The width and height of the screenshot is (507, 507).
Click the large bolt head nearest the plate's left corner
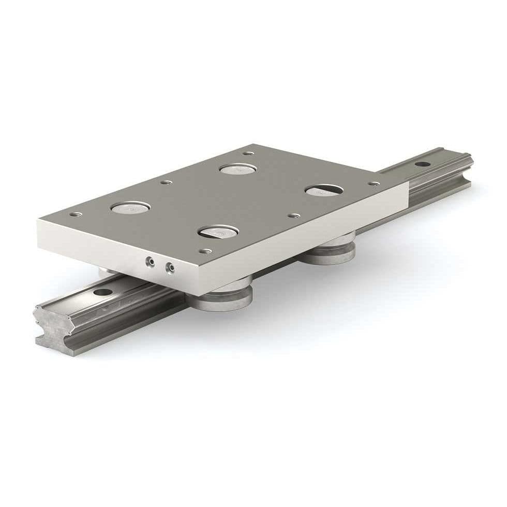click(130, 208)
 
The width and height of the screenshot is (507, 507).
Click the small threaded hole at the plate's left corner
click(78, 213)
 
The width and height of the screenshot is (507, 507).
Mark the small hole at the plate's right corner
click(374, 183)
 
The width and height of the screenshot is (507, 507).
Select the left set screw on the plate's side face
click(149, 263)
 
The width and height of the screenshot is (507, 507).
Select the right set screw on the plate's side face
click(169, 267)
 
